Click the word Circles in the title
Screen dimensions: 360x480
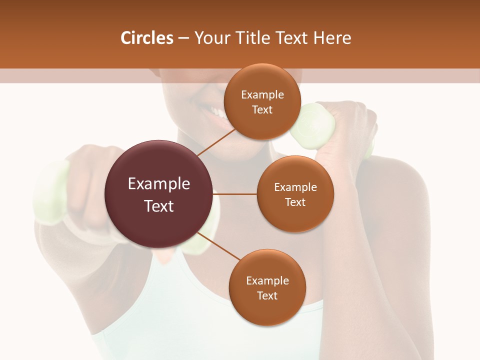(146, 38)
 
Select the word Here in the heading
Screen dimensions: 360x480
(332, 38)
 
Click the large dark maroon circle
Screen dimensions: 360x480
(158, 194)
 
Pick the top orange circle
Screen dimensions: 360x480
(261, 101)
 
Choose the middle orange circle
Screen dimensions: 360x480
(295, 194)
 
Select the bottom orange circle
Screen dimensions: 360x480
(267, 287)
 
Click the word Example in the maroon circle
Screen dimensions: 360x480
(158, 184)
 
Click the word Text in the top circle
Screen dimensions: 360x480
(262, 109)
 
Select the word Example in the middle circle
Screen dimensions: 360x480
(295, 187)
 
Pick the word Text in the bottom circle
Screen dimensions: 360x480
(267, 295)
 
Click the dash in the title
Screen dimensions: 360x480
(183, 38)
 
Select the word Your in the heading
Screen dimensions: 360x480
(212, 38)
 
